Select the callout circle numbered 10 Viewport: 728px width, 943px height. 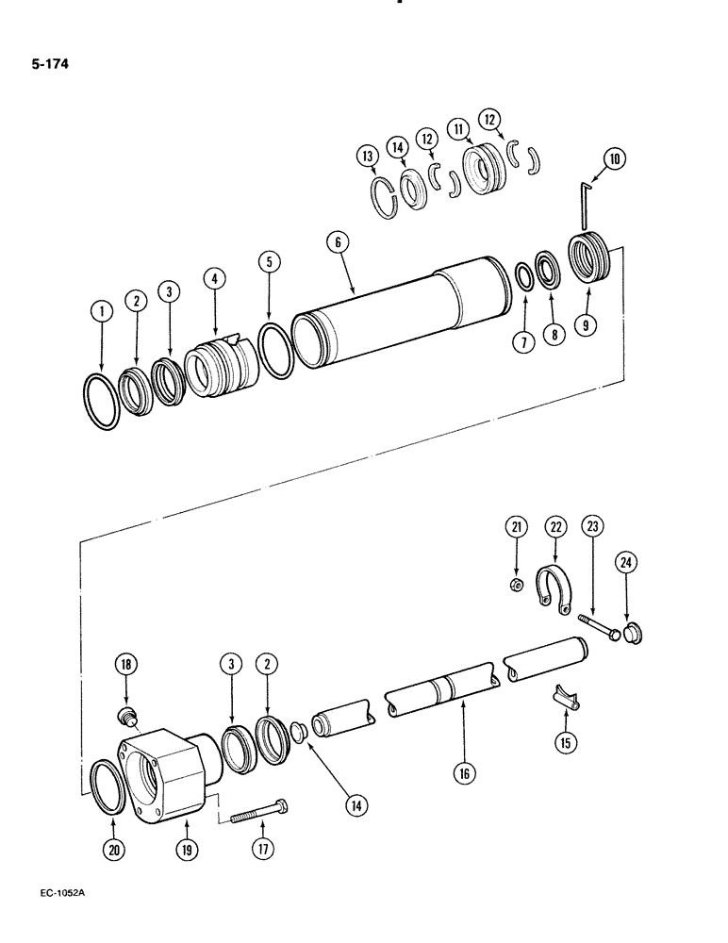point(614,159)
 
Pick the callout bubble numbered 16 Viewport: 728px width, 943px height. point(464,774)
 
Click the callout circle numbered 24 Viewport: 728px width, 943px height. point(626,564)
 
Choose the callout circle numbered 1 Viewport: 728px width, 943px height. point(101,309)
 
